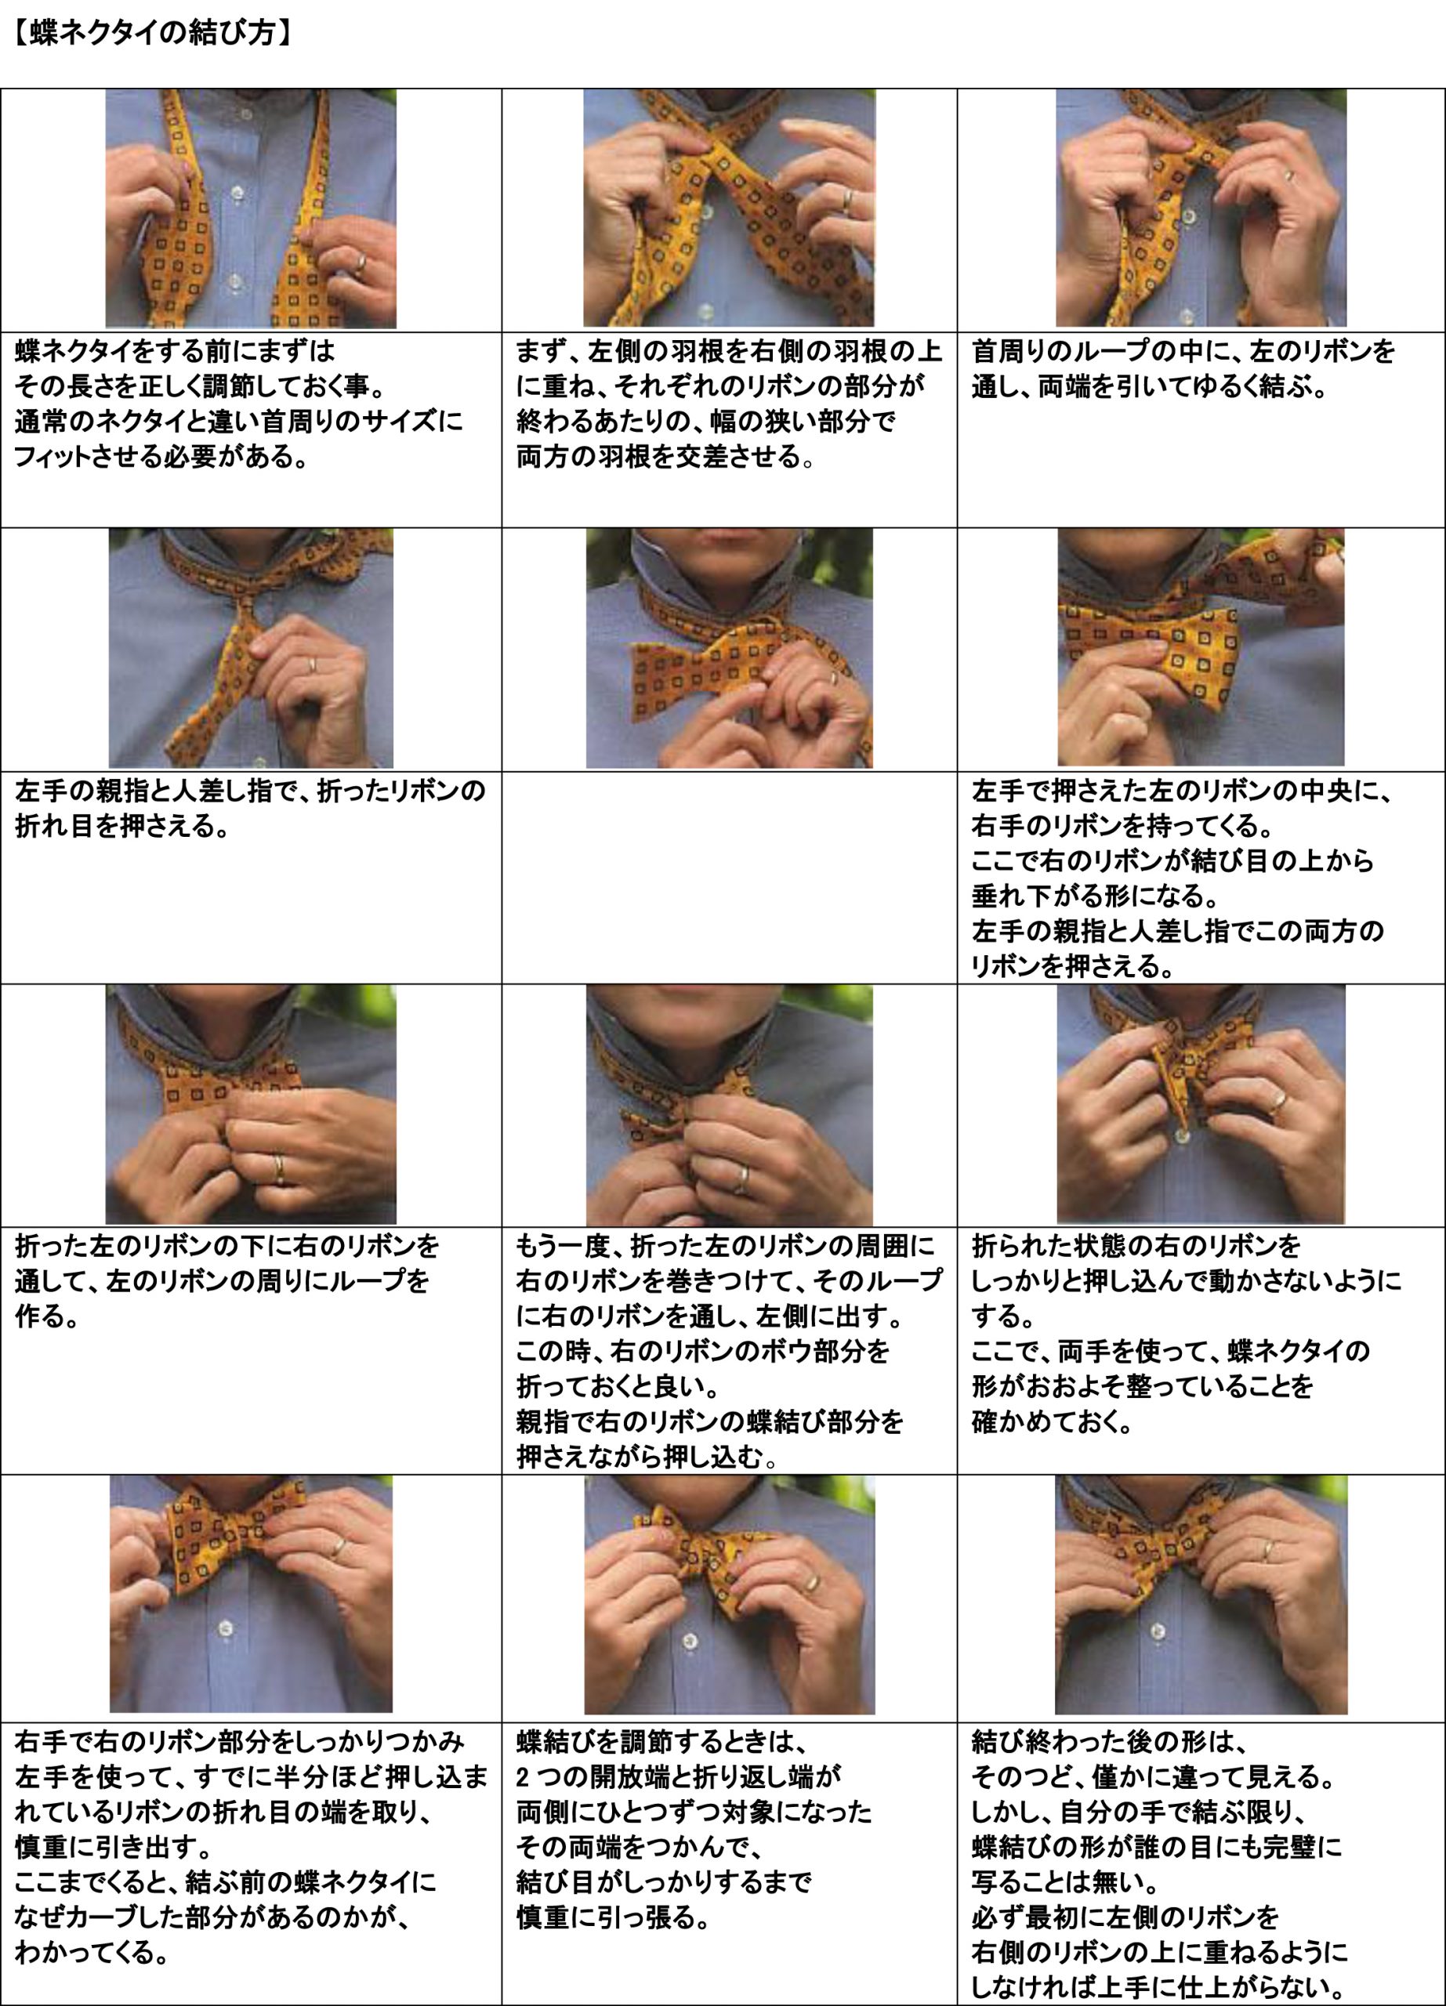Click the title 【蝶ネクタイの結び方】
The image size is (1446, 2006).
(x=151, y=34)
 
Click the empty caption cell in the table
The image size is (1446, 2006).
(x=730, y=877)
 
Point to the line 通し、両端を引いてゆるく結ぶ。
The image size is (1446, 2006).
(x=1149, y=386)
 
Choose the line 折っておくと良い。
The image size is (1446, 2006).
(x=629, y=1386)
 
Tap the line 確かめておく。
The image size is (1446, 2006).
(x=1052, y=1421)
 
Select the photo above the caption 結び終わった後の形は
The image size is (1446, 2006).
(x=1201, y=1595)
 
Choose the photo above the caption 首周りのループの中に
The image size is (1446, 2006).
(x=1201, y=208)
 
